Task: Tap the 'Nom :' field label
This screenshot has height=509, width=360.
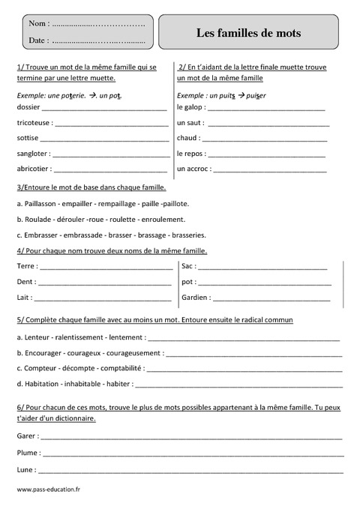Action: [37, 24]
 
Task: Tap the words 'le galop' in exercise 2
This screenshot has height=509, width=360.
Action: [190, 107]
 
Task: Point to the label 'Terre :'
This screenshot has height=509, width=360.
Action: [26, 266]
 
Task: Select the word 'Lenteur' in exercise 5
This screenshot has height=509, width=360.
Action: [37, 337]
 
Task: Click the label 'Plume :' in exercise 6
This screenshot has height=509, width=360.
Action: [28, 454]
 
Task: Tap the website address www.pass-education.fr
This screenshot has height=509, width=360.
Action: [47, 489]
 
